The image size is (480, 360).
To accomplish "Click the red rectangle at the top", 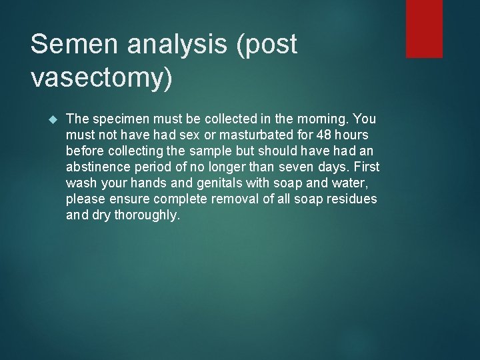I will click(x=424, y=28).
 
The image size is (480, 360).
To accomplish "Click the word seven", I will click(x=309, y=167).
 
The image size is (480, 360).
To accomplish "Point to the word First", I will click(x=366, y=167).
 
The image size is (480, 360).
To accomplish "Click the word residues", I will click(x=351, y=199).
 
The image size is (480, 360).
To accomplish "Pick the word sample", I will click(x=196, y=151).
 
